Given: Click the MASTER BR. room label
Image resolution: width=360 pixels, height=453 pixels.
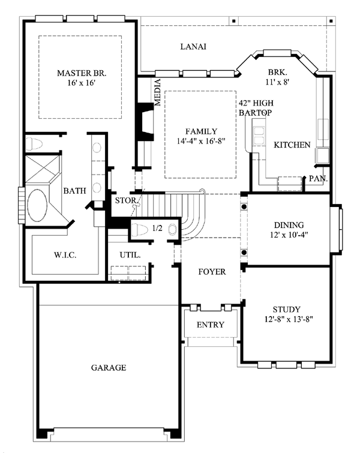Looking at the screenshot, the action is [x=82, y=73].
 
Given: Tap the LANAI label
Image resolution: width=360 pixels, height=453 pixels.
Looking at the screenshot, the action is [x=193, y=47].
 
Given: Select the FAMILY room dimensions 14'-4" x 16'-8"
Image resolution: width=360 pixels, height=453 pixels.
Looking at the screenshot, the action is [x=201, y=141].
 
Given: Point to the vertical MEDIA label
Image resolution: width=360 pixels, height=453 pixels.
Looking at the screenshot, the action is [x=157, y=92].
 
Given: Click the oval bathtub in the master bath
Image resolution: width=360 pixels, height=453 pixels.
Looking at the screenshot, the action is [x=37, y=205].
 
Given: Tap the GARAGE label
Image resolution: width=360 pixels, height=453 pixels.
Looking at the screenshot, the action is [x=109, y=367].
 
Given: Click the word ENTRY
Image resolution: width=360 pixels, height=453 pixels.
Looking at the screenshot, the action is [x=211, y=325].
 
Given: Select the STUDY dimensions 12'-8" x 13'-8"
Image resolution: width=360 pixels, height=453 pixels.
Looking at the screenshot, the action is [x=289, y=319].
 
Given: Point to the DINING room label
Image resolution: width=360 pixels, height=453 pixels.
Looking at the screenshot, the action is [x=289, y=225].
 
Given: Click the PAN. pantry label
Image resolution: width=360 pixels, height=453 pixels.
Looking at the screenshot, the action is [x=318, y=179].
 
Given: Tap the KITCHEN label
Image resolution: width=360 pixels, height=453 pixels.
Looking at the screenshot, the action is [x=292, y=145].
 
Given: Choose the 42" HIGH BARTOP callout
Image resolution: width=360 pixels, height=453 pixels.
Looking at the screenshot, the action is [x=256, y=108].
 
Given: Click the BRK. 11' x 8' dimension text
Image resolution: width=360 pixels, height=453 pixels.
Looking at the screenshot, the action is [x=277, y=82].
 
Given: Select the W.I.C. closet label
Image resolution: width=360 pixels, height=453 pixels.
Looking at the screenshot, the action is [x=65, y=255].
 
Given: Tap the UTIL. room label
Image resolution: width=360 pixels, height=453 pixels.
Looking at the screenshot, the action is [x=130, y=255].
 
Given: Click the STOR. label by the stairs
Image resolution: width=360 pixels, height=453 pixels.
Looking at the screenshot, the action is [x=125, y=200].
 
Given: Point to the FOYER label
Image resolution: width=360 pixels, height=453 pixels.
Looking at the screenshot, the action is [x=212, y=272].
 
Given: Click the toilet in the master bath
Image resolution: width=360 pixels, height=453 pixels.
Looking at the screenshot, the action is [x=34, y=143].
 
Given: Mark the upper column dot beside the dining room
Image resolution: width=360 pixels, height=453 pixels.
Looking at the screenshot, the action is [x=244, y=206].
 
